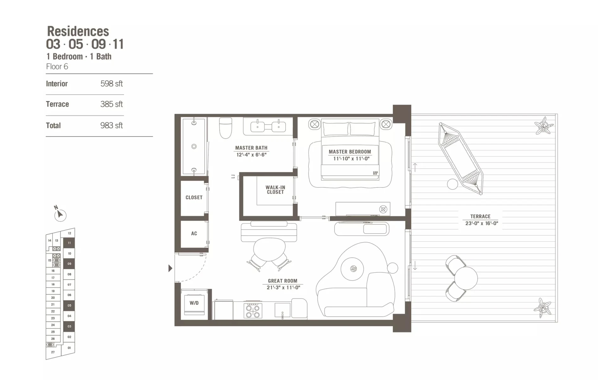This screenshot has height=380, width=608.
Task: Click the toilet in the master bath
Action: click(226, 128)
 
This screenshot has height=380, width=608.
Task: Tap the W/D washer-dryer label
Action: click(194, 303)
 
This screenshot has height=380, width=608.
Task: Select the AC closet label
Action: click(194, 233)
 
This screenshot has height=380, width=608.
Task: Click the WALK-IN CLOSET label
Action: click(275, 190)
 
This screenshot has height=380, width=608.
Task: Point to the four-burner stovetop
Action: click(253, 311)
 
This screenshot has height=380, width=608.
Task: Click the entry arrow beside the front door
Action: click(170, 268)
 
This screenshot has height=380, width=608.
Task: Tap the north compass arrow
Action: click(60, 214)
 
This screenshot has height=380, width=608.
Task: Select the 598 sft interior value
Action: click(111, 84)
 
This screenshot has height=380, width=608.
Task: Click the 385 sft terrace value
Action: click(111, 104)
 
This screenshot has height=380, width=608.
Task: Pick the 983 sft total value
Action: click(111, 125)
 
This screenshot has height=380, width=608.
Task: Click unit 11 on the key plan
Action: click(69, 243)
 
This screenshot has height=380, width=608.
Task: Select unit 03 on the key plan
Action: click(69, 326)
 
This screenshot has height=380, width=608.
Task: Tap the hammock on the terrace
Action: click(461, 159)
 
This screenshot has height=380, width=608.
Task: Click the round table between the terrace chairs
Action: click(466, 278)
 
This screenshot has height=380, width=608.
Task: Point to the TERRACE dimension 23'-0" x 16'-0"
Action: click(482, 223)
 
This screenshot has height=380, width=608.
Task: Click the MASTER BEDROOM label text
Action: click(350, 152)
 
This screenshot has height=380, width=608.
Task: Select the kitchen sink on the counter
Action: click(282, 310)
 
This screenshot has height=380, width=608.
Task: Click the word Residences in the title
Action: click(78, 31)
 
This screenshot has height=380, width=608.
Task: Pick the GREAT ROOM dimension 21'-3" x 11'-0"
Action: click(283, 288)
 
